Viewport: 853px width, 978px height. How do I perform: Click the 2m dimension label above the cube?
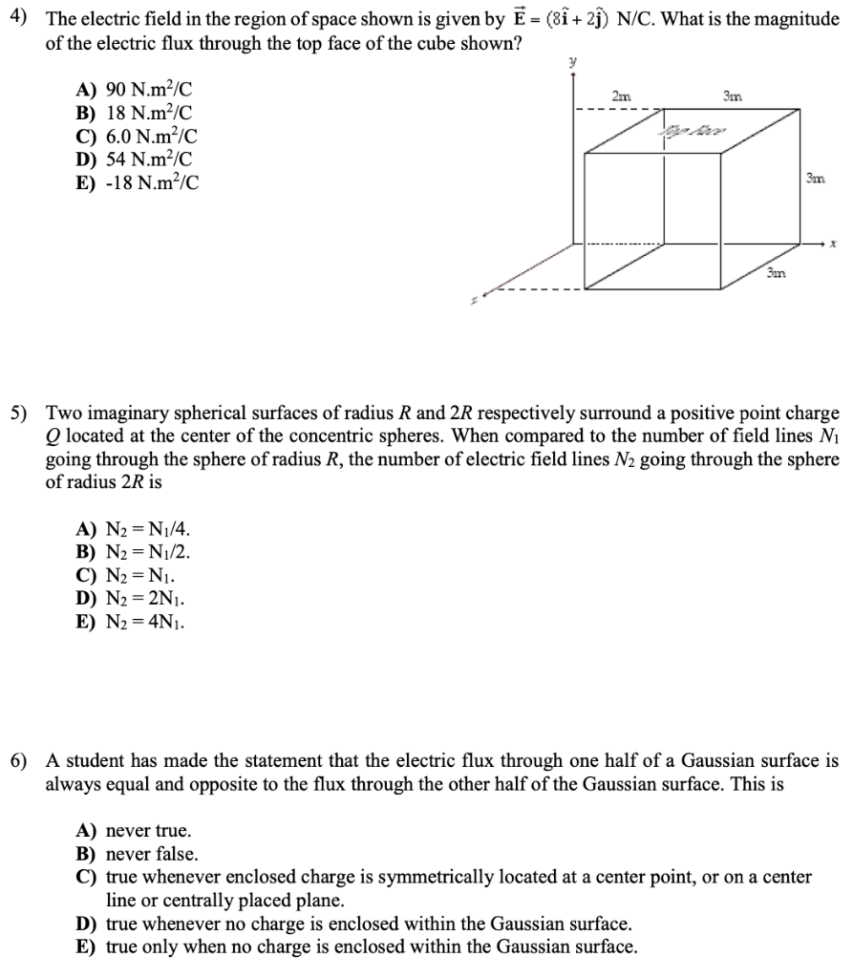pyautogui.click(x=621, y=94)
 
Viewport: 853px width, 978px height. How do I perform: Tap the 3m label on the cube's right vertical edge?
pyautogui.click(x=814, y=179)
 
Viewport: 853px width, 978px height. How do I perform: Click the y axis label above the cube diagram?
pyautogui.click(x=572, y=61)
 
